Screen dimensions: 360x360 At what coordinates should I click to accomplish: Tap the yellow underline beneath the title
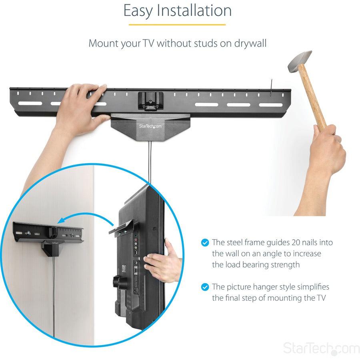point(177,25)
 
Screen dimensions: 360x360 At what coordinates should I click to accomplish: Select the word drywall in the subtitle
point(249,43)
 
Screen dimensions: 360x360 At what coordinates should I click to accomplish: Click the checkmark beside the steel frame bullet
point(205,242)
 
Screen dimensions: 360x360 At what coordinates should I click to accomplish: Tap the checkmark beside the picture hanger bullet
point(205,287)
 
